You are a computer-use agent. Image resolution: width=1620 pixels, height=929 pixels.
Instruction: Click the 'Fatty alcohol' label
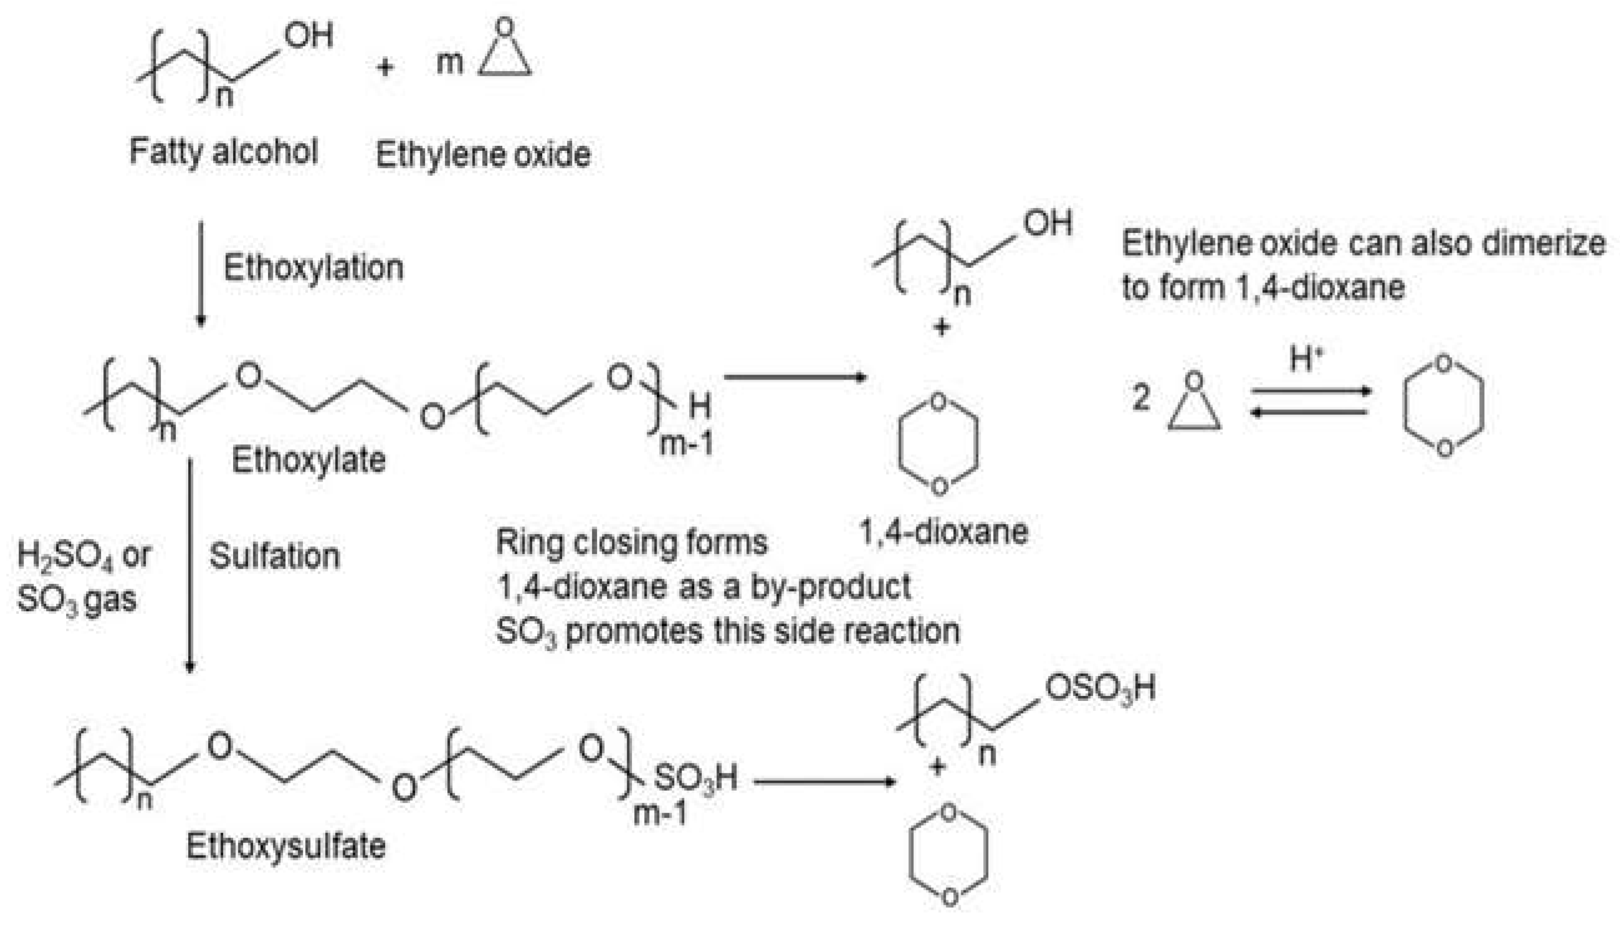(223, 152)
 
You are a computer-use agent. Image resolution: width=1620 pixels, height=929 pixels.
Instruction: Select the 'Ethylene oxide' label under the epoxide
(483, 155)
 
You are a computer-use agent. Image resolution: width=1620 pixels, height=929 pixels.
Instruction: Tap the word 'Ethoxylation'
(313, 267)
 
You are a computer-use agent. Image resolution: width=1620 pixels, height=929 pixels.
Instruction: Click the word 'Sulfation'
(274, 556)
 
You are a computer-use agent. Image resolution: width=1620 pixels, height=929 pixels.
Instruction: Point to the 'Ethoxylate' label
(308, 460)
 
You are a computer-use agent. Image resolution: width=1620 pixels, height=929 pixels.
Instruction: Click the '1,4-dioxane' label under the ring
(944, 531)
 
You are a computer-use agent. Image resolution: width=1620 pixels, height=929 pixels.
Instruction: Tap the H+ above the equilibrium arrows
(1305, 359)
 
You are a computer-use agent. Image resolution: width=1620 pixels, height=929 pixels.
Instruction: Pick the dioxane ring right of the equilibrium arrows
(1443, 406)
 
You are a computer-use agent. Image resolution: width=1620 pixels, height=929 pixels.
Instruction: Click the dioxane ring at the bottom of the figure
(949, 855)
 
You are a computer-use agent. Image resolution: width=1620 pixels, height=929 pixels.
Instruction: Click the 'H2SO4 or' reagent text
(83, 556)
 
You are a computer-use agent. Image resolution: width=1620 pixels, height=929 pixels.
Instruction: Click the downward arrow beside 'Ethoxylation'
(201, 274)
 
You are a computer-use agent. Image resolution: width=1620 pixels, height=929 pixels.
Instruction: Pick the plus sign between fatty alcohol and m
(384, 66)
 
